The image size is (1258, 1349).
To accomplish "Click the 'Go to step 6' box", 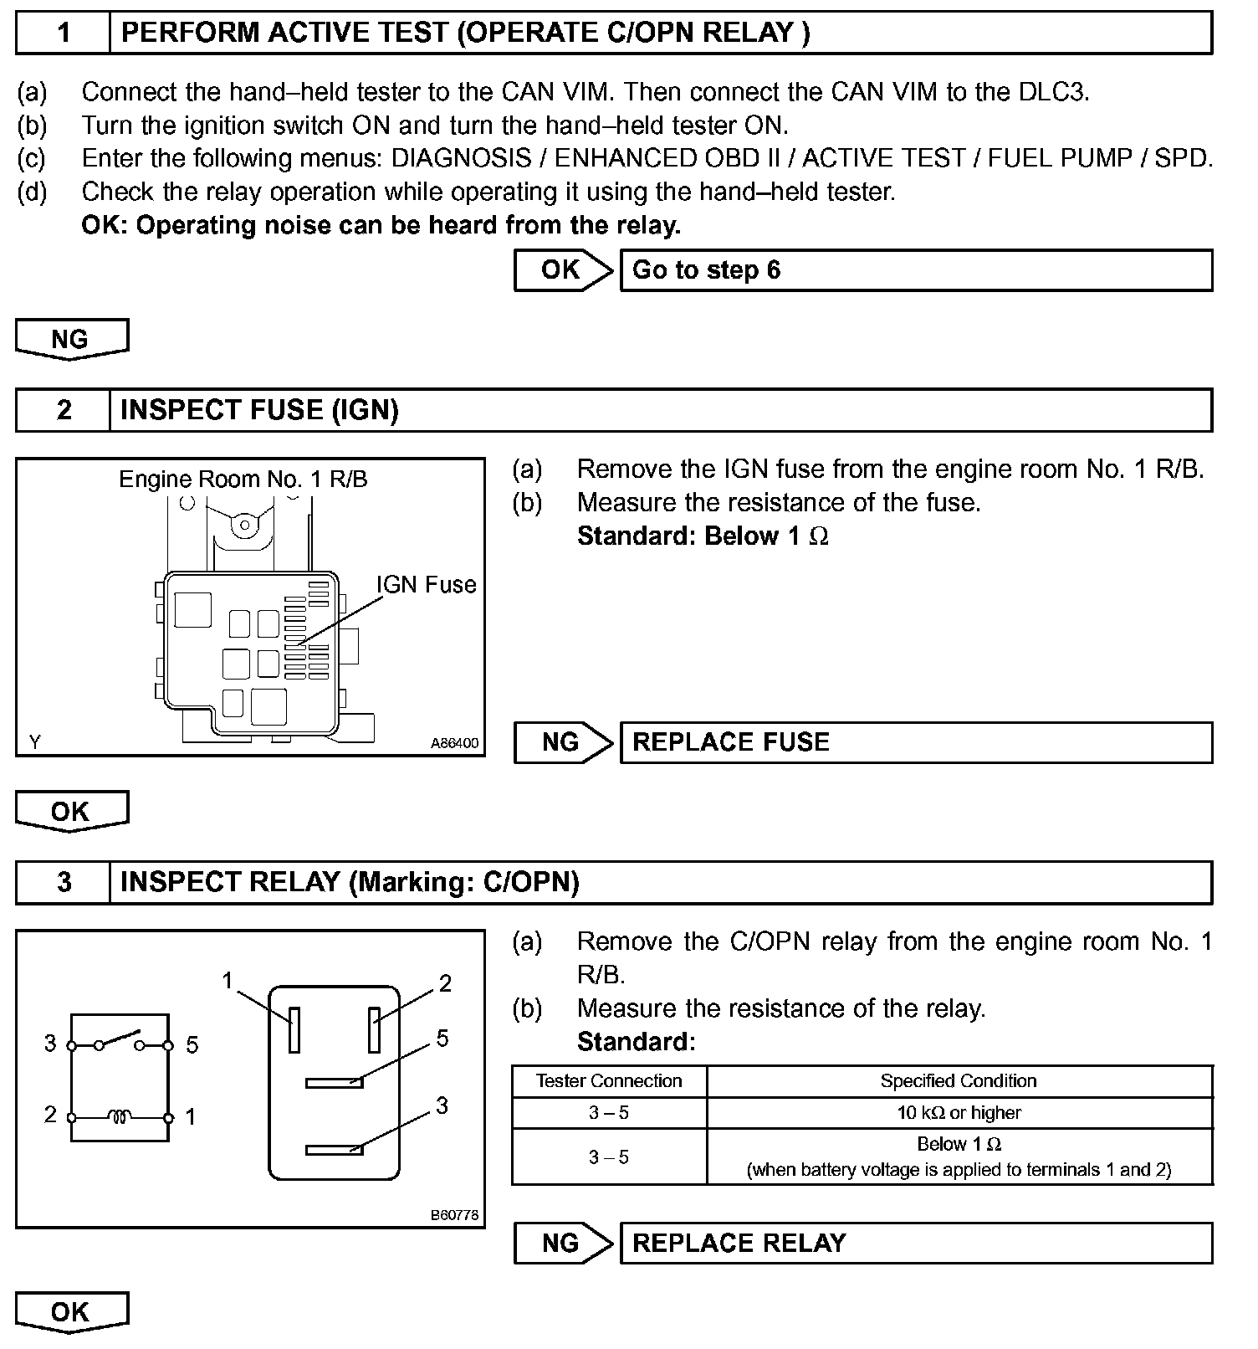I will [915, 270].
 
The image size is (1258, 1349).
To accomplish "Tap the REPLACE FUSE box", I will [915, 743].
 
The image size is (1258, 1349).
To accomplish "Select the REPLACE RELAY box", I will [915, 1243].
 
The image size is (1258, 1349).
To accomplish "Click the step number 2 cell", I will [64, 410].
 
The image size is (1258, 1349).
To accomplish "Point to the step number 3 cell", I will [64, 882].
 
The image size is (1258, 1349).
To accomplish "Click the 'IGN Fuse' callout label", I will [426, 584].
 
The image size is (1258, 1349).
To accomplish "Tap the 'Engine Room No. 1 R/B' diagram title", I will [243, 480].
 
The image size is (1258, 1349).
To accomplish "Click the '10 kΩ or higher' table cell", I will [959, 1113].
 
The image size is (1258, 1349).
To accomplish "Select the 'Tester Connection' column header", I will [609, 1081].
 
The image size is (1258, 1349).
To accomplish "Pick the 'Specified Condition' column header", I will [959, 1081].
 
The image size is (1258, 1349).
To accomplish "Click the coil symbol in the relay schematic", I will [120, 1116].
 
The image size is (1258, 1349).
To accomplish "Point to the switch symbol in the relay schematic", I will [120, 1041].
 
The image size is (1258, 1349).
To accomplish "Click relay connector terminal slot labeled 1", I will [294, 1029].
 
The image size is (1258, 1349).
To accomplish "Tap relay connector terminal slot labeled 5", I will [334, 1083].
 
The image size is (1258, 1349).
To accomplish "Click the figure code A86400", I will [454, 743].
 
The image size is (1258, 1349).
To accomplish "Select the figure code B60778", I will [455, 1215].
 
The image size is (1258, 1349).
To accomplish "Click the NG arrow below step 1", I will [72, 340].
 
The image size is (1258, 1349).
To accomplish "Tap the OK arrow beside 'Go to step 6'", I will [562, 270].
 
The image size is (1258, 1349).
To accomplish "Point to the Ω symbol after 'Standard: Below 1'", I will [819, 536].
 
